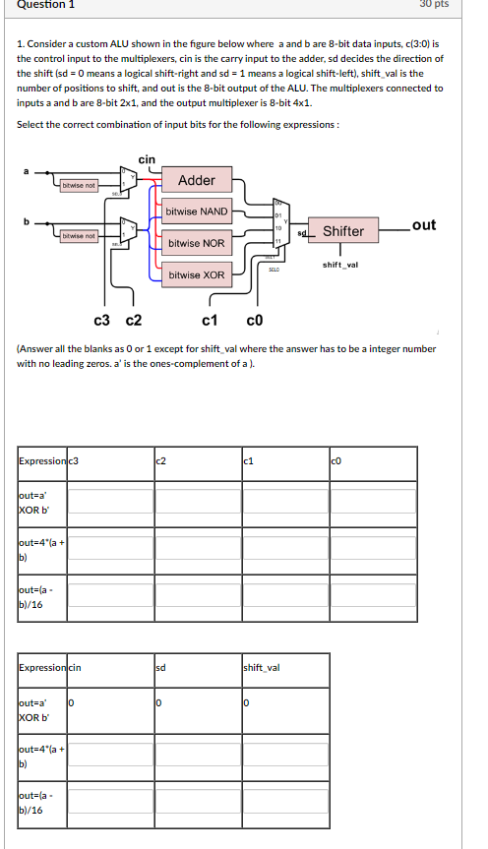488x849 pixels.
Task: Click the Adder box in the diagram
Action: click(x=197, y=180)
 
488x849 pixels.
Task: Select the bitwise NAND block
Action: click(x=197, y=212)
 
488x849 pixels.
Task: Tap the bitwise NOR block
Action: click(x=197, y=243)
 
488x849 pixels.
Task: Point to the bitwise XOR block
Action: click(x=197, y=274)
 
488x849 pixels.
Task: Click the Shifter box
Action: click(x=343, y=231)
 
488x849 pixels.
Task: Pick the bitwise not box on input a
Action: click(x=79, y=185)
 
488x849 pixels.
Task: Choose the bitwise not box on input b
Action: click(x=79, y=235)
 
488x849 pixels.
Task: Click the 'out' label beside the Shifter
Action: click(x=424, y=225)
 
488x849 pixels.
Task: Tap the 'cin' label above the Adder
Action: click(x=147, y=159)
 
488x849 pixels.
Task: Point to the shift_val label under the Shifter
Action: click(x=340, y=264)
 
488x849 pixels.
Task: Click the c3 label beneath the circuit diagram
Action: click(x=101, y=320)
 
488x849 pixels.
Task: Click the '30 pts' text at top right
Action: click(x=461, y=4)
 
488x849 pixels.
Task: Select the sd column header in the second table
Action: click(x=161, y=668)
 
